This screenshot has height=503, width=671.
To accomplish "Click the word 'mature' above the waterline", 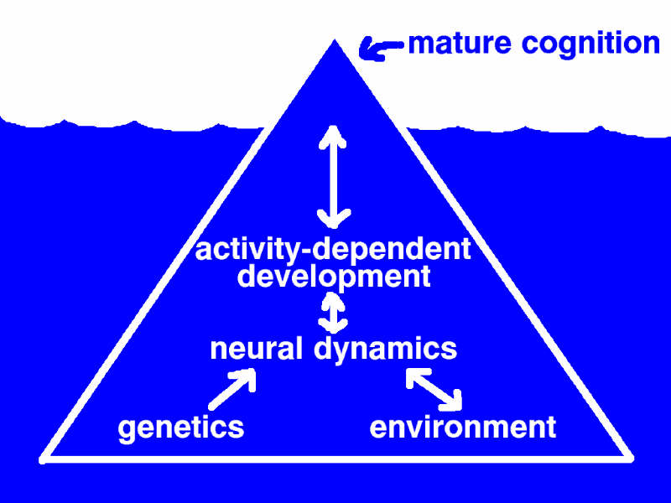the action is pos(460,44).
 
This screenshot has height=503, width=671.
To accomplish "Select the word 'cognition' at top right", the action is pos(590,44).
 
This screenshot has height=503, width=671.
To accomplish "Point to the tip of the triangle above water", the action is pos(335,39).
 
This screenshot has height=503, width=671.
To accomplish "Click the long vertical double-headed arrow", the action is pos(333,176).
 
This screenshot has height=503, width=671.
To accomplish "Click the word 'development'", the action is pos(334,277).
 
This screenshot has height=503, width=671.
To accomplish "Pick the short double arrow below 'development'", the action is pos(333,312).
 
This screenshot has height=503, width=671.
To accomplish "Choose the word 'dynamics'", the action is pos(385,350).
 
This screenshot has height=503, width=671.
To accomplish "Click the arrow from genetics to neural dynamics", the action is pos(233,389).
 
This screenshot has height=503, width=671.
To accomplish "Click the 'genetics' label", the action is pos(181,428).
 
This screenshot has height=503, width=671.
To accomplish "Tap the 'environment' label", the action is pos(463,427).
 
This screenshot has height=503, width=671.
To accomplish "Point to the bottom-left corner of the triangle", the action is pos(43,460).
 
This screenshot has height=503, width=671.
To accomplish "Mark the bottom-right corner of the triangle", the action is pos(631,459).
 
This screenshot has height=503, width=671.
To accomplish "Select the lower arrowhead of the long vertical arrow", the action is pos(334,219).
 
